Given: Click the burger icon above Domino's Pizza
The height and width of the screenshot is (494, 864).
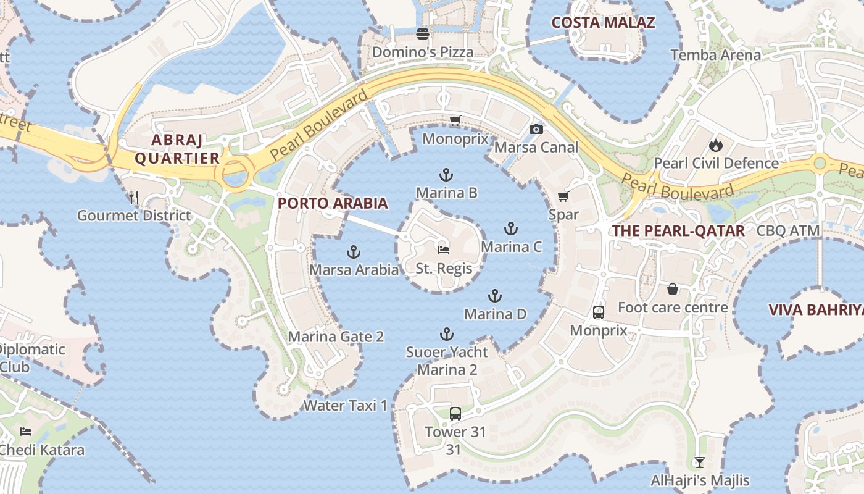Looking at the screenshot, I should (x=423, y=33).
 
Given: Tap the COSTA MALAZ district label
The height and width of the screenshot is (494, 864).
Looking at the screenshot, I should (x=602, y=23).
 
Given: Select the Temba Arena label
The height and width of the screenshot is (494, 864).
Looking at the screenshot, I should (x=716, y=55).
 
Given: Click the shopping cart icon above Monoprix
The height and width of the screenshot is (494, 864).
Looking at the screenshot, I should (x=455, y=120).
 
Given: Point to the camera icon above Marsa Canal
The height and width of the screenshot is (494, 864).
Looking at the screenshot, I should (x=536, y=128).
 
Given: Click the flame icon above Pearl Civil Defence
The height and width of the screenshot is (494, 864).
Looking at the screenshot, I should (x=715, y=145).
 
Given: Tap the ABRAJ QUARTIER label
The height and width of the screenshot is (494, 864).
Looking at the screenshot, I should (x=177, y=149).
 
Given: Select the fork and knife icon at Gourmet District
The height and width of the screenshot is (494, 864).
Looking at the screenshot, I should (x=134, y=197).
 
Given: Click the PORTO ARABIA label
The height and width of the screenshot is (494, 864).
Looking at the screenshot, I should (x=333, y=203).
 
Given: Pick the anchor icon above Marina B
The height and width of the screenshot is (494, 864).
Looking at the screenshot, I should (x=446, y=175).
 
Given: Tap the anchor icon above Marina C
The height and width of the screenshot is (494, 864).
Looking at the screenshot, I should (x=510, y=228).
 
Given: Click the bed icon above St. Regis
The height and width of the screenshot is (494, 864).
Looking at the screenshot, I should (x=444, y=250).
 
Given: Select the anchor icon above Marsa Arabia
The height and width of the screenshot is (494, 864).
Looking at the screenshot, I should (x=354, y=251).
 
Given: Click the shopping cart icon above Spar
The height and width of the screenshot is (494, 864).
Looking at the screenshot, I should (x=563, y=196).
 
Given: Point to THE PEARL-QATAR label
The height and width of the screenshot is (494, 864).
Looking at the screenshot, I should (x=678, y=231).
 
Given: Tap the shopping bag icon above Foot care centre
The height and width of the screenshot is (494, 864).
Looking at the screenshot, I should (x=673, y=289).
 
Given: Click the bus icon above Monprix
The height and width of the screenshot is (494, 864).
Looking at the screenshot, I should (x=599, y=312).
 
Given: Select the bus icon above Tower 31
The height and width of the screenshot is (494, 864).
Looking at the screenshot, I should (x=455, y=414).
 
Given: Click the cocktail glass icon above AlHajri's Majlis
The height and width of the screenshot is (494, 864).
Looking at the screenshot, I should (x=699, y=462).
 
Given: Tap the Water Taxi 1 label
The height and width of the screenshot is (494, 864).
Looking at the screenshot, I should (x=346, y=406).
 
